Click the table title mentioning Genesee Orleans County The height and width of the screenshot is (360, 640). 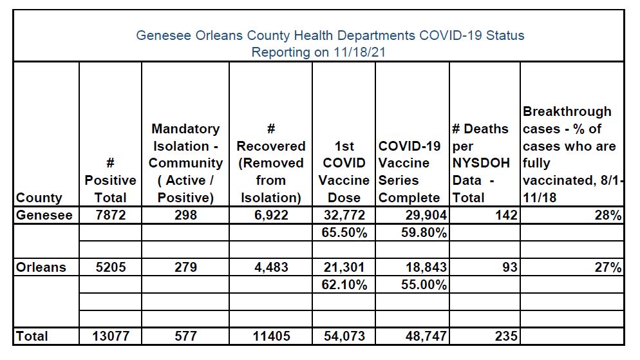click(x=330, y=35)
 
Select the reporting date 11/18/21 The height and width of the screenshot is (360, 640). click(x=359, y=53)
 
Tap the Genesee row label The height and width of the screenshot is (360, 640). click(x=44, y=215)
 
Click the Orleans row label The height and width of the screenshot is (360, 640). click(x=41, y=267)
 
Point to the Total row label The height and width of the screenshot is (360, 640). click(x=32, y=336)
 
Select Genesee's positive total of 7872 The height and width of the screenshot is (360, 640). click(x=111, y=215)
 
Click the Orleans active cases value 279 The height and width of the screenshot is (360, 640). click(x=185, y=267)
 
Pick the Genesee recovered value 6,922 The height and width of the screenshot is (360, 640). click(x=271, y=215)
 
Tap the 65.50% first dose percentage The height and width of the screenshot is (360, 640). click(x=344, y=232)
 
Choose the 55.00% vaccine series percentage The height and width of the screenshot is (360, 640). click(x=424, y=285)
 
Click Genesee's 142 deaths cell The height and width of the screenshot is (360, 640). click(x=506, y=215)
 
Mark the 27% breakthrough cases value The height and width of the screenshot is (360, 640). click(x=608, y=267)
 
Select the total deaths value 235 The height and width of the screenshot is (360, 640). click(x=506, y=336)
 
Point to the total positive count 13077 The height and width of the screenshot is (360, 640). click(x=111, y=336)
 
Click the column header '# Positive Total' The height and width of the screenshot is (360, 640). click(x=110, y=180)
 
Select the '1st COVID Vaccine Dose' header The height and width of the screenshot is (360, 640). click(x=344, y=172)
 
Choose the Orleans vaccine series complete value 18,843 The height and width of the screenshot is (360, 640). click(x=426, y=267)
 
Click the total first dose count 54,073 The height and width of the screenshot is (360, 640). click(x=344, y=336)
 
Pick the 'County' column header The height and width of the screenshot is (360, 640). click(x=39, y=198)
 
